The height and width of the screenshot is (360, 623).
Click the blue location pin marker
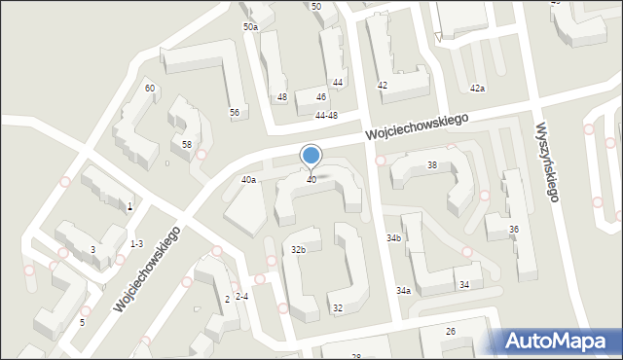pyautogui.click(x=311, y=156)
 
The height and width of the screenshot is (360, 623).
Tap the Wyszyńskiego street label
pyautogui.click(x=546, y=162)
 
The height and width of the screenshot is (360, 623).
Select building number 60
pyautogui.click(x=149, y=89)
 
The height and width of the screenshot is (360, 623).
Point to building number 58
pyautogui.click(x=187, y=144)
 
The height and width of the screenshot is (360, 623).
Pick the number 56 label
pyautogui.click(x=235, y=113)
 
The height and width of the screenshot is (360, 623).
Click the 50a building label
pyautogui.click(x=250, y=27)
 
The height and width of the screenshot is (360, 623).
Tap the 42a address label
pyautogui.click(x=477, y=89)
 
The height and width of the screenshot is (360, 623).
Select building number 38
pyautogui.click(x=431, y=165)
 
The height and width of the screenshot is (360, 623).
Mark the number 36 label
pyautogui.click(x=513, y=230)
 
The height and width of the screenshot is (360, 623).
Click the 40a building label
pyautogui.click(x=248, y=180)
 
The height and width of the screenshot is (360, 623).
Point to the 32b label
pyautogui.click(x=299, y=250)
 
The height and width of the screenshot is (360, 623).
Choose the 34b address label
pyautogui.click(x=393, y=238)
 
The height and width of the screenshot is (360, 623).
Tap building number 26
pyautogui.click(x=450, y=332)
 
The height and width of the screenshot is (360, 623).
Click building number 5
pyautogui.click(x=83, y=322)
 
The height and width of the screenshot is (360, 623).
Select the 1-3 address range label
pyautogui.click(x=136, y=243)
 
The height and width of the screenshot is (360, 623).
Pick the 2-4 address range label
pyautogui.click(x=242, y=296)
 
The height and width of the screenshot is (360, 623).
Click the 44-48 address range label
pyautogui.click(x=325, y=116)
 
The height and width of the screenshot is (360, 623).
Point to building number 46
pyautogui.click(x=321, y=97)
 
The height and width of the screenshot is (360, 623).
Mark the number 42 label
pyautogui.click(x=383, y=86)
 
